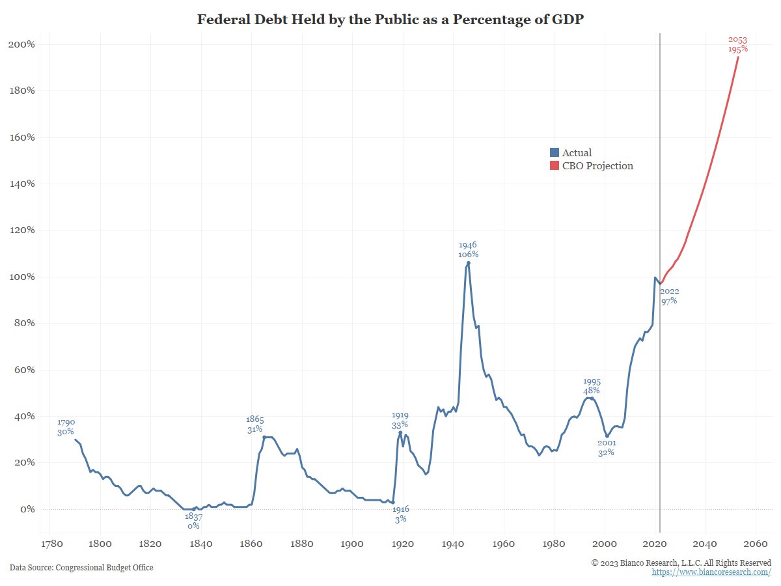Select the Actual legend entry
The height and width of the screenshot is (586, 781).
click(571, 152)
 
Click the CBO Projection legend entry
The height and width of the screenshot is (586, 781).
click(591, 165)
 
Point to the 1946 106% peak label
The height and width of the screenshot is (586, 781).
click(467, 249)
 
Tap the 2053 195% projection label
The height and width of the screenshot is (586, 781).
click(738, 44)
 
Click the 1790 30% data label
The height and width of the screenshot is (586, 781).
click(65, 426)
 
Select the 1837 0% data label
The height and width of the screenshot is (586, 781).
click(193, 520)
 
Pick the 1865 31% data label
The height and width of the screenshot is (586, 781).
click(254, 424)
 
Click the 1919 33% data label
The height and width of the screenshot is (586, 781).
click(400, 420)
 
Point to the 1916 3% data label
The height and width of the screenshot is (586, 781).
click(400, 514)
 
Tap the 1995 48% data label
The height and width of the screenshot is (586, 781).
click(591, 386)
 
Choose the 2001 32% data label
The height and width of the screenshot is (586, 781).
click(606, 447)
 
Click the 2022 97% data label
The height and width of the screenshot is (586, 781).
click(669, 296)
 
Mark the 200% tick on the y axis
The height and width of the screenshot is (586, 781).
click(21, 44)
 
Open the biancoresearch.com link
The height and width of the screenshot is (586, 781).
click(711, 572)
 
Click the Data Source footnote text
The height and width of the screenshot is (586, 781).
click(81, 567)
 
